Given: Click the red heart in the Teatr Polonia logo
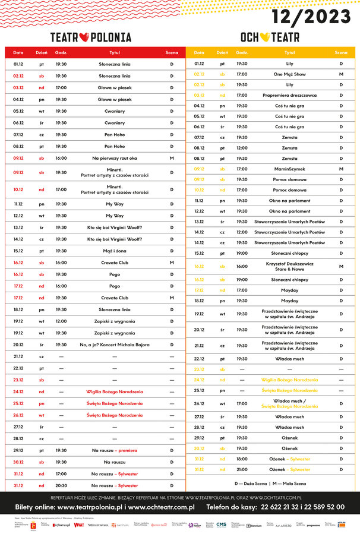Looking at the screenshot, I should [x=83, y=37].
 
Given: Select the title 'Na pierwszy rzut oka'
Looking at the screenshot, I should [x=115, y=159].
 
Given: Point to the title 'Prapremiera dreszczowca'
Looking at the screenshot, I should [x=290, y=95].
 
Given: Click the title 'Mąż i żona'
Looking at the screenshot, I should [x=115, y=251].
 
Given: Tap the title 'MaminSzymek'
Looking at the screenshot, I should [x=290, y=169].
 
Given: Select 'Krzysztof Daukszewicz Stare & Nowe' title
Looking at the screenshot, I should [x=290, y=266].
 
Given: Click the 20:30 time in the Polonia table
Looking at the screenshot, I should [x=61, y=485].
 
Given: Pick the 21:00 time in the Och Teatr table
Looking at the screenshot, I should [x=242, y=469].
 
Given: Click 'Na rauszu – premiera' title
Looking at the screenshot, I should [x=115, y=450].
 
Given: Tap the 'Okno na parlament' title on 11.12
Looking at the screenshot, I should [x=290, y=201].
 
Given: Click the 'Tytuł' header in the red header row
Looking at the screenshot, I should [x=115, y=53].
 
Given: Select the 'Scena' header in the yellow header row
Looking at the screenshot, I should [x=341, y=53].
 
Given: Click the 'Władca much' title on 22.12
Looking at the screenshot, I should [x=290, y=359].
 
